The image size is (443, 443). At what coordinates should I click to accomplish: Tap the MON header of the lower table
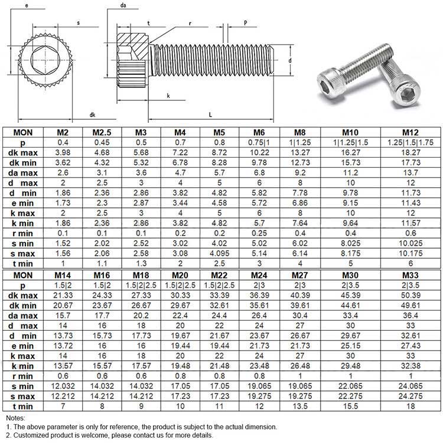tap(25, 275)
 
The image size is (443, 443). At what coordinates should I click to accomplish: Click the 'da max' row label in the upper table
tap(25, 172)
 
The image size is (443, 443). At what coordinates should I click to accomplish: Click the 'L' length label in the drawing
tap(210, 114)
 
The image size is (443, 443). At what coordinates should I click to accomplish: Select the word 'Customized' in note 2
tap(32, 435)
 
